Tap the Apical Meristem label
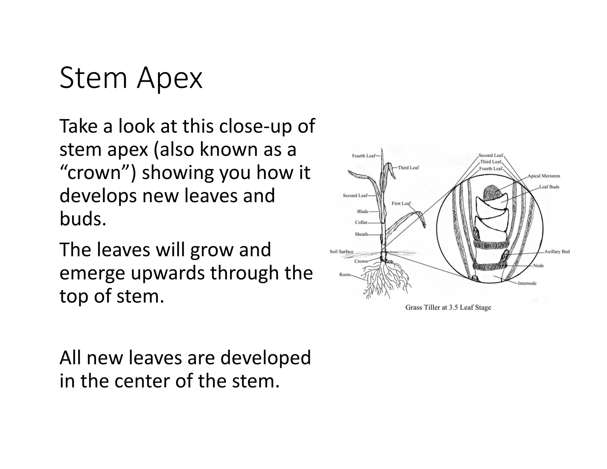(544, 176)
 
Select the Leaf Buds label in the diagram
(549, 187)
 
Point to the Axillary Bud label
(557, 251)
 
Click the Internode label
(527, 283)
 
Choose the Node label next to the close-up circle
(538, 266)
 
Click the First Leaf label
(401, 203)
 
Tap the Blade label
(362, 211)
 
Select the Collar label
(361, 222)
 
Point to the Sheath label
(361, 234)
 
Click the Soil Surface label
(341, 252)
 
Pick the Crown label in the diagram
(361, 261)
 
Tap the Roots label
(345, 275)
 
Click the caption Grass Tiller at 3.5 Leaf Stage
(448, 307)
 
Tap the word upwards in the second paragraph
(167, 273)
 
